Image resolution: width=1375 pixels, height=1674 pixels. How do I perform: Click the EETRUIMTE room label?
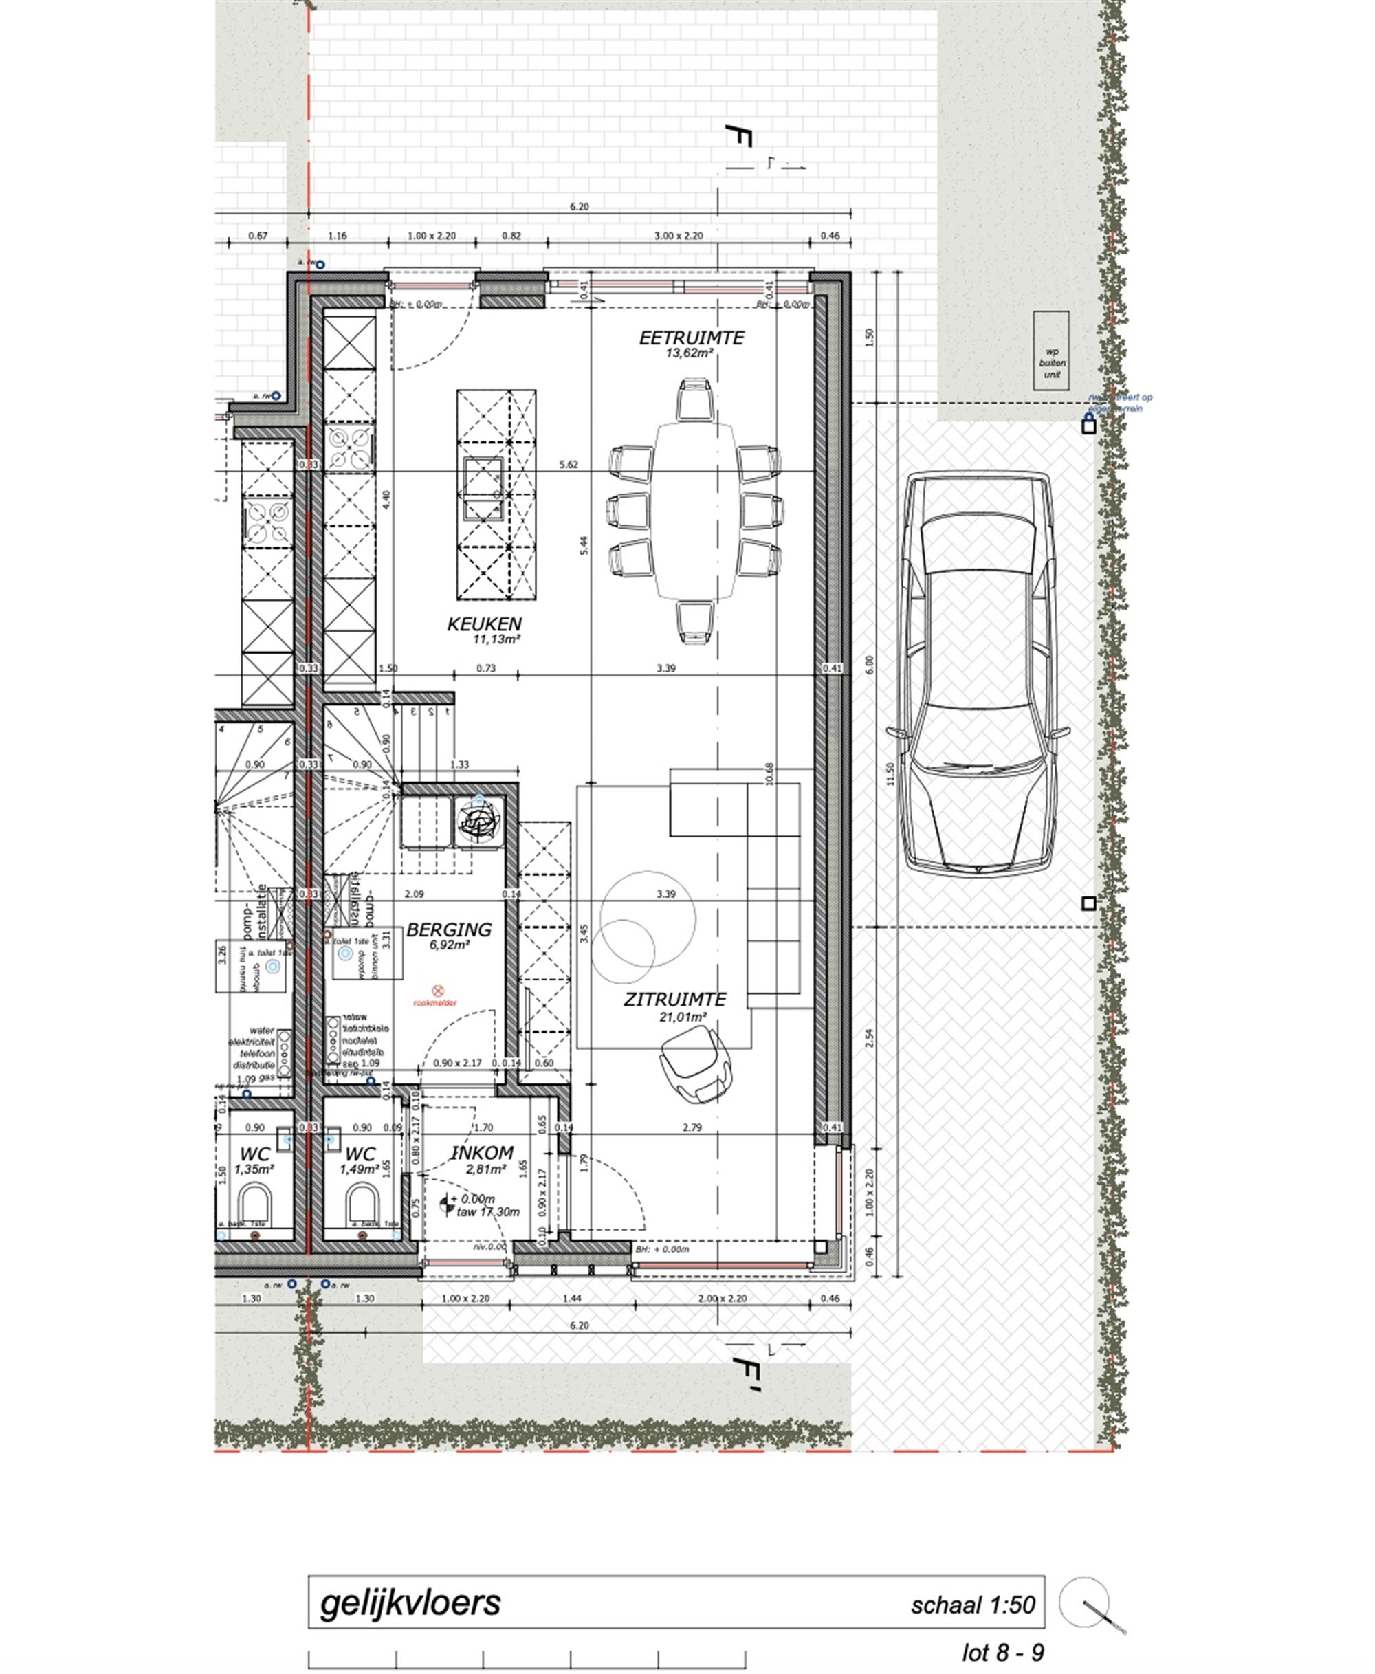point(692,338)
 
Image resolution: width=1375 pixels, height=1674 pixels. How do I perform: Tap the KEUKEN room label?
point(484,624)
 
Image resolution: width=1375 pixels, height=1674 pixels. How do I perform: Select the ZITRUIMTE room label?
point(674,1000)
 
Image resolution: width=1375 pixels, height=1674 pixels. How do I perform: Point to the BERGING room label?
point(448,929)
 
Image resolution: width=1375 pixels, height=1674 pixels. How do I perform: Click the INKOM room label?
point(483,1153)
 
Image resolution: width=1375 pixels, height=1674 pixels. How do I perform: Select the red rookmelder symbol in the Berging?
point(437,991)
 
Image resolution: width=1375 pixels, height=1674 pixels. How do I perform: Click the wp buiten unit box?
point(1051,351)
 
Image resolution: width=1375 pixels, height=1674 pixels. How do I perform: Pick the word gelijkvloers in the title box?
point(410,1602)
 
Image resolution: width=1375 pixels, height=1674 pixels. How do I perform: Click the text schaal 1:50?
point(973,1605)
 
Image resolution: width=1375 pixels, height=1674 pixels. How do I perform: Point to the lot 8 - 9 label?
point(1003,1653)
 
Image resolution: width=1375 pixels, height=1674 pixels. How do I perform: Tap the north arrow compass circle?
point(1083,1603)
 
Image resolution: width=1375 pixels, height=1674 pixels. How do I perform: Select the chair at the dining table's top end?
point(694,401)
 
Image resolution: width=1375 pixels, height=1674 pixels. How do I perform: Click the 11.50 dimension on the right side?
point(890,773)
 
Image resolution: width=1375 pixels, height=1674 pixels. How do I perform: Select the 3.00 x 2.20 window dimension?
point(678,236)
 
